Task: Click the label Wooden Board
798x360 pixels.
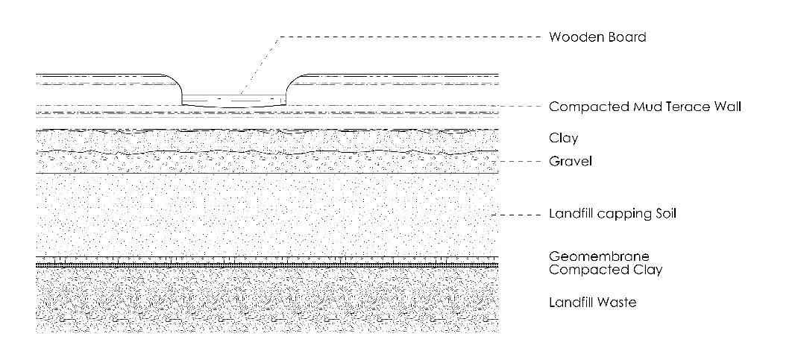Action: point(597,37)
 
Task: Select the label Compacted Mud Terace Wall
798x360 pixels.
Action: point(645,107)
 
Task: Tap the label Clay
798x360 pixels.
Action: point(563,139)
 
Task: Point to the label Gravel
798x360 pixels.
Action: point(570,162)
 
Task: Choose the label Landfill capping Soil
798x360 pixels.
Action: point(612,215)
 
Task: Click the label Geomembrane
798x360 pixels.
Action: point(594,257)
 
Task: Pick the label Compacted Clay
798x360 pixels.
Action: point(606,270)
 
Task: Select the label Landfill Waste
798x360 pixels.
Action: point(592,303)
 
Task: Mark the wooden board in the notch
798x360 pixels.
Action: point(235,99)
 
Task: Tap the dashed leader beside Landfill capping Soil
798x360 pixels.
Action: point(519,215)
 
